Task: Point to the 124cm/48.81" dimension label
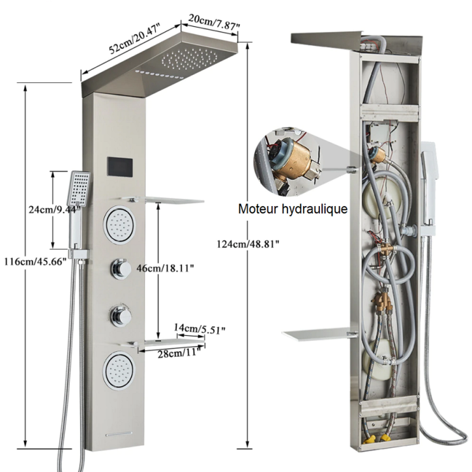coord(248,244)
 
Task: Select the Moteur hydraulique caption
coord(292,209)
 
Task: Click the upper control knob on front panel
coord(119,268)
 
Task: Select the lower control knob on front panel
coord(119,315)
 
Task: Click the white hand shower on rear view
coord(430,189)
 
